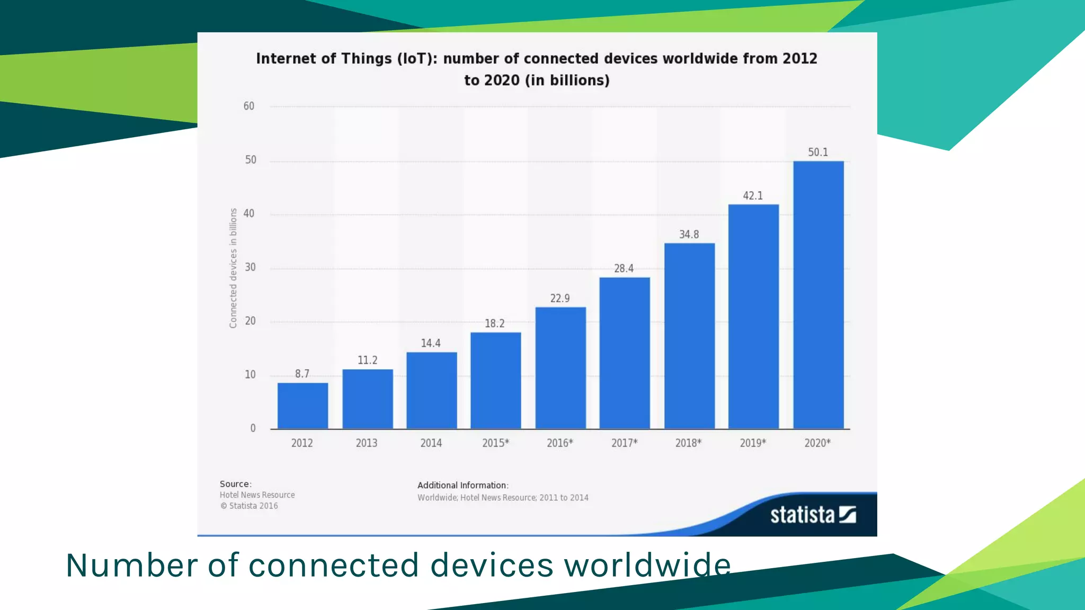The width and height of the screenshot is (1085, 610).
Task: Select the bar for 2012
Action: (303, 406)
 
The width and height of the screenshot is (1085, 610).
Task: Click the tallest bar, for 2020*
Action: (818, 295)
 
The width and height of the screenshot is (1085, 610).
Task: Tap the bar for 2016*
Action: (561, 368)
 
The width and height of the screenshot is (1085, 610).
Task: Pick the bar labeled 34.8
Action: (689, 336)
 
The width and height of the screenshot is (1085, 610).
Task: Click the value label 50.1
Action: (817, 152)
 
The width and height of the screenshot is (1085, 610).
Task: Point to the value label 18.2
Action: (494, 324)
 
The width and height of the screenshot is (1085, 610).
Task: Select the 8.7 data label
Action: (302, 374)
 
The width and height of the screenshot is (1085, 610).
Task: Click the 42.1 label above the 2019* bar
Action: (753, 196)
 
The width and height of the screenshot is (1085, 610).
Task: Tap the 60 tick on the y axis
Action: (248, 106)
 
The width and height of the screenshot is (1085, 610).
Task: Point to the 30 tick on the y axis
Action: (250, 267)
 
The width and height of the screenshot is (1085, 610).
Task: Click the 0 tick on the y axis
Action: (253, 428)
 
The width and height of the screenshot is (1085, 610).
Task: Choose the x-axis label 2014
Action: (431, 443)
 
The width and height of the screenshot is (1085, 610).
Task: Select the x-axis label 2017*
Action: (624, 443)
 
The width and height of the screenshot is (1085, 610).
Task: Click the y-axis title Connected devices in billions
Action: (233, 268)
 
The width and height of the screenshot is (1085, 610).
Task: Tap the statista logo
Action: (813, 515)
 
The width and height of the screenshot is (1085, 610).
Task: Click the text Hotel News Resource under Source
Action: (257, 495)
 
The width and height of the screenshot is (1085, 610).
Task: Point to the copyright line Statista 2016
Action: (250, 506)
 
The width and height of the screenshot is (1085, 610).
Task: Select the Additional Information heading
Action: (463, 486)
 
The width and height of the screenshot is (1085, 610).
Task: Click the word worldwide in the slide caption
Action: (647, 565)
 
